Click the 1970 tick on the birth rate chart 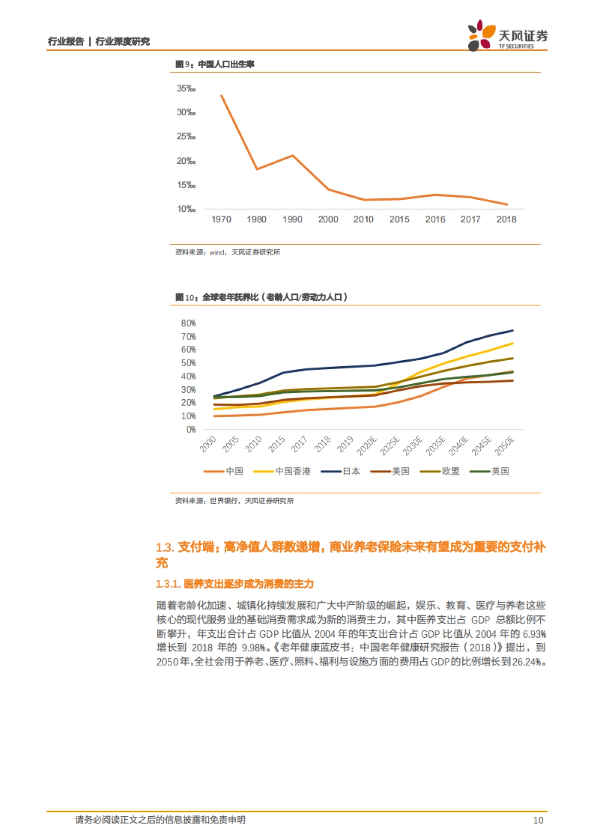pos(221,219)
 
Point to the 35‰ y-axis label pos(186,89)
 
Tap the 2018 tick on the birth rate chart pos(506,219)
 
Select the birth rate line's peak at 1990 pos(293,155)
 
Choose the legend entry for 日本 pos(351,471)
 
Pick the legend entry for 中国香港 pos(292,471)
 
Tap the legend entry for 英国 pos(499,471)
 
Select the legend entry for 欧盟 pos(450,471)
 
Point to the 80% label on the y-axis pos(188,323)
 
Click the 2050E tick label pos(505,445)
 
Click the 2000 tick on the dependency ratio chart pos(208,444)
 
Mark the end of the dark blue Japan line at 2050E pos(512,330)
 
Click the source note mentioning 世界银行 pos(234,501)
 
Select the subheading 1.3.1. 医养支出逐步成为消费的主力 pos(235,584)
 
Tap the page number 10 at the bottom pos(538,820)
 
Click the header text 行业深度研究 pos(122,42)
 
